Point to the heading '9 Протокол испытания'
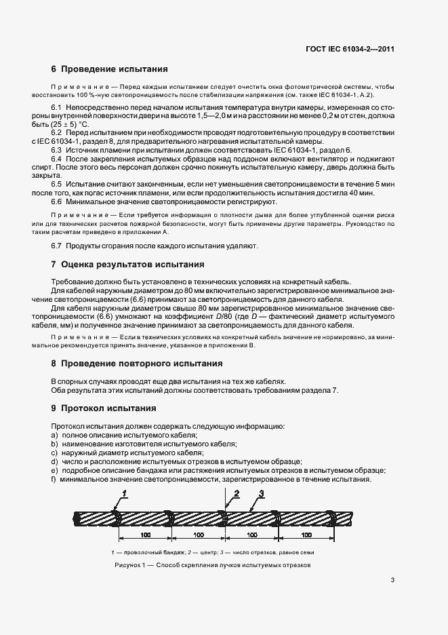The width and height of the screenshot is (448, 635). pos(104,408)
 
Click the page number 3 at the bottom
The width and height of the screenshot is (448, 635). pos(393,580)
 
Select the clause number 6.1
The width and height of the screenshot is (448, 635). pos(56,109)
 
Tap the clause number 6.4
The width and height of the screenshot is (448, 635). pos(56,159)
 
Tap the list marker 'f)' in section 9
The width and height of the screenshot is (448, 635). pos(54,479)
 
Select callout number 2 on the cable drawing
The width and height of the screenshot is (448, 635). pos(236,493)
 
